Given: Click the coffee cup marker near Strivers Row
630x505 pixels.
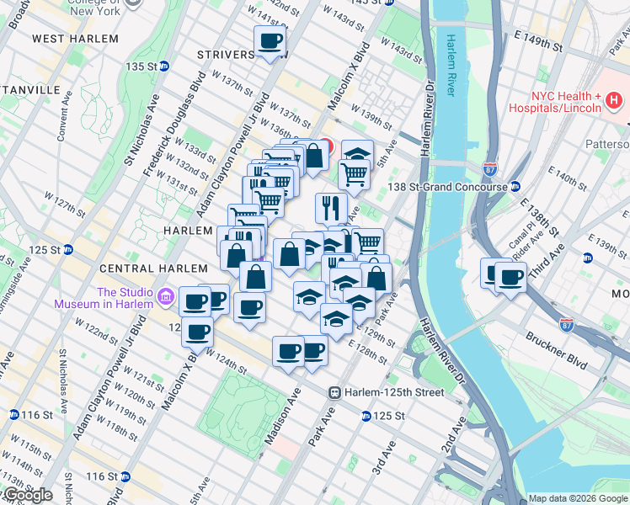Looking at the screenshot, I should pos(270,41).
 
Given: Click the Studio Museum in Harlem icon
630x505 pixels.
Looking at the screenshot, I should pos(165,297).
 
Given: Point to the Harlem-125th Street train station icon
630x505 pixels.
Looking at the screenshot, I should pos(335,392).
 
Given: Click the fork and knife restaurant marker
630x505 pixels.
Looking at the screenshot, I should pos(331,207).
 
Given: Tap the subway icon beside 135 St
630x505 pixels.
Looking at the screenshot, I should pos(164,66).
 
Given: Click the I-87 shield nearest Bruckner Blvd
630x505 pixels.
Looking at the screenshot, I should pos(568,323).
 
